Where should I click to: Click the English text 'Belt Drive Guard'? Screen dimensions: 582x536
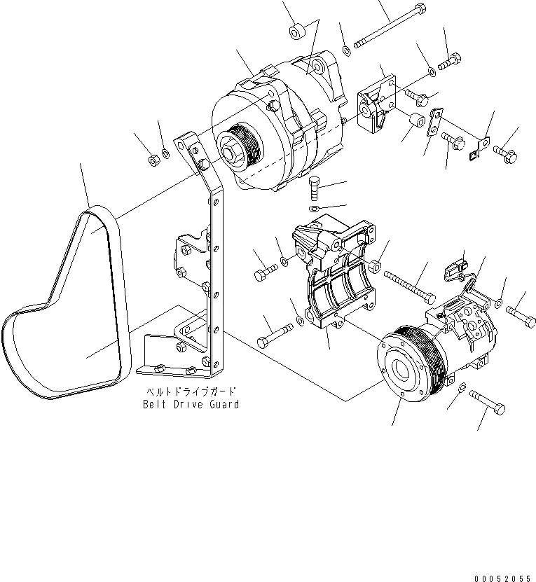tap(191, 404)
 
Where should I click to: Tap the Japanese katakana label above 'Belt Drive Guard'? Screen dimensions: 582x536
tap(191, 393)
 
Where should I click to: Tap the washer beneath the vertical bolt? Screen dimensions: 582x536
tap(315, 209)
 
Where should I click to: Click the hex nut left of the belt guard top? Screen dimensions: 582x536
tap(153, 161)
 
